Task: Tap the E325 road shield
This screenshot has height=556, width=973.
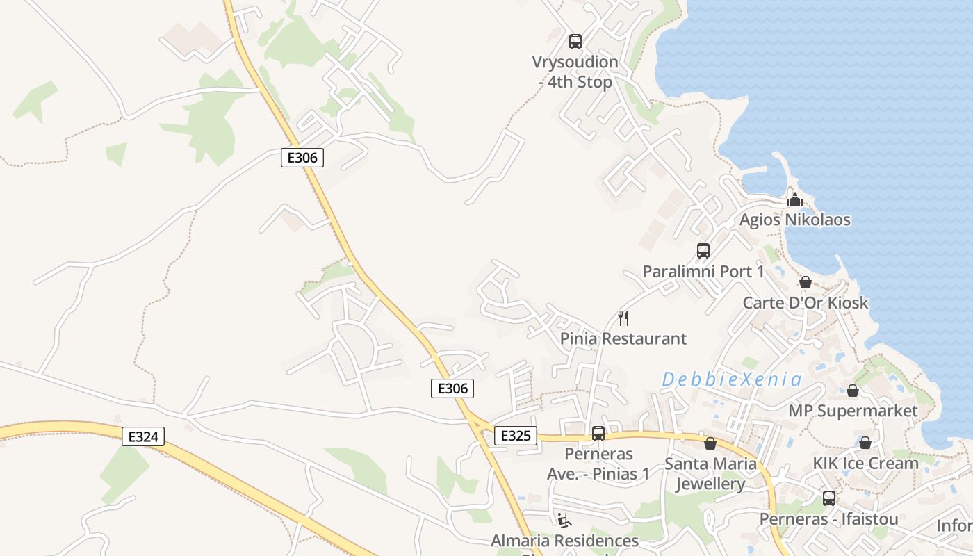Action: [x=515, y=436]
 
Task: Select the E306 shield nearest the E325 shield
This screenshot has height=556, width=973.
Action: [x=452, y=389]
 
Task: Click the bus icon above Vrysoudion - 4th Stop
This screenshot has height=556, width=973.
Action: [x=575, y=42]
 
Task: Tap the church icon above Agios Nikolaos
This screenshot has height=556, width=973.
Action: [x=795, y=200]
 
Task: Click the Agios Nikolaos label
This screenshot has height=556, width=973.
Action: [x=795, y=220]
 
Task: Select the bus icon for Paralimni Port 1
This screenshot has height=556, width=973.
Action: [x=703, y=251]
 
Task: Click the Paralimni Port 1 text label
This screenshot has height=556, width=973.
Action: [x=703, y=272]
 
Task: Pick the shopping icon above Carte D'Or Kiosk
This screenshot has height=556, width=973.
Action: [x=806, y=282]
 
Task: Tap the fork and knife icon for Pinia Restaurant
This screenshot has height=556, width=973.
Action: [x=623, y=318]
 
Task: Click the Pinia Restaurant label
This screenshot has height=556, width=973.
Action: [x=623, y=339]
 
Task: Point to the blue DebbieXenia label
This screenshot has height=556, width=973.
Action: [x=732, y=379]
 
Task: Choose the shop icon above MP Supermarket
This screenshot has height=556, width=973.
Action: [x=853, y=391]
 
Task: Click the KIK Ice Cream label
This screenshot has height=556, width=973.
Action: [x=866, y=463]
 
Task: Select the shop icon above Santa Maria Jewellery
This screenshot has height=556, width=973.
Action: [x=710, y=443]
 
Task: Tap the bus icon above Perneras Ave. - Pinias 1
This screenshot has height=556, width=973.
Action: [x=598, y=434]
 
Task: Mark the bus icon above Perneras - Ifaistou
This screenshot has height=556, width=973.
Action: [x=829, y=498]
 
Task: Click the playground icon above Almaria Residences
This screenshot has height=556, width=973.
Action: [x=564, y=520]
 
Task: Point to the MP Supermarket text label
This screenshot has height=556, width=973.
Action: [x=853, y=411]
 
